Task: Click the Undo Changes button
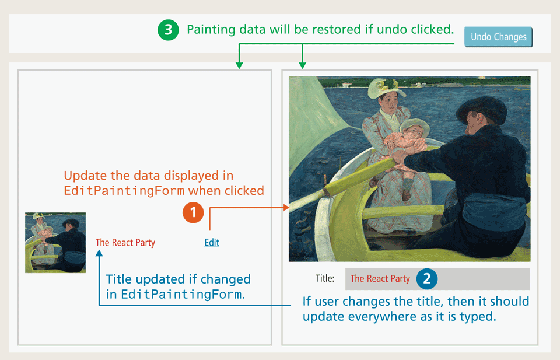498,37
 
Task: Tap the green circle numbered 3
168,30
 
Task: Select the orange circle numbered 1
193,212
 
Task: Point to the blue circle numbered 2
427,278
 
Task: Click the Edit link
212,243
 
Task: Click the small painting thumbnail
55,243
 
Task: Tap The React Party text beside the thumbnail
125,243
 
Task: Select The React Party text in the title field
380,278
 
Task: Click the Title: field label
325,278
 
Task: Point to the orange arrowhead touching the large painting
286,207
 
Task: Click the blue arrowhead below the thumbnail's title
99,253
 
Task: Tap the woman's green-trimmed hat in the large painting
385,87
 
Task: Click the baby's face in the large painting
415,131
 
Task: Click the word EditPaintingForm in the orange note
124,191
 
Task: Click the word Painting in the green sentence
211,30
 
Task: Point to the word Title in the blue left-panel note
120,279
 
